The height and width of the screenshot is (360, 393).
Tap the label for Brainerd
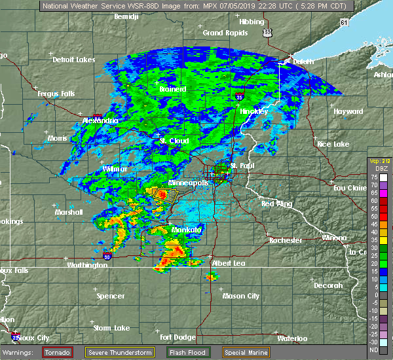pos(173,89)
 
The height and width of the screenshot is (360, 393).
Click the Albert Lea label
pos(226,263)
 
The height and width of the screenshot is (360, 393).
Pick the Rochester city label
pos(286,240)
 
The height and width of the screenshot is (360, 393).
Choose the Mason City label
pos(241,296)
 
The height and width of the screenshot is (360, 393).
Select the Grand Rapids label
pos(223,33)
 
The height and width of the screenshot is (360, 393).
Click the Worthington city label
pos(87,265)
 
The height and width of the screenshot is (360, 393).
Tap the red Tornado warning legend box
pos(58,352)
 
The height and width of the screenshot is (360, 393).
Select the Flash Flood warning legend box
pos(187,352)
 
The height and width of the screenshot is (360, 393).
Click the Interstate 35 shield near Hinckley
pos(240,96)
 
